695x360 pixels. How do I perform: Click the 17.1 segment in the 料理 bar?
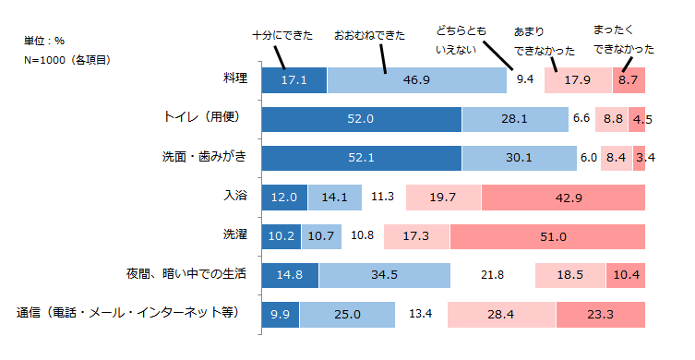point(294,80)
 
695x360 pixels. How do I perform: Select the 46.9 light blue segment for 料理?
point(415,80)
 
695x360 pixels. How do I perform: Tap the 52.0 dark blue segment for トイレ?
point(361,119)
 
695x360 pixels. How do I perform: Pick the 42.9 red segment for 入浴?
point(562,197)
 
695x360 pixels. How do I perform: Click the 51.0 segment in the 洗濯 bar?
point(547,236)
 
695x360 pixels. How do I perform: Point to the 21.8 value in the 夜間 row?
point(492,275)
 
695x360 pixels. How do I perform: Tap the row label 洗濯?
point(234,234)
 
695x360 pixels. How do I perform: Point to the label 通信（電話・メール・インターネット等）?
point(128,313)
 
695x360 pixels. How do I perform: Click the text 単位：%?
point(44,42)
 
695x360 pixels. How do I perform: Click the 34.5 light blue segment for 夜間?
point(384,275)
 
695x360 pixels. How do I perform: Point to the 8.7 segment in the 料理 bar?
point(629,80)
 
